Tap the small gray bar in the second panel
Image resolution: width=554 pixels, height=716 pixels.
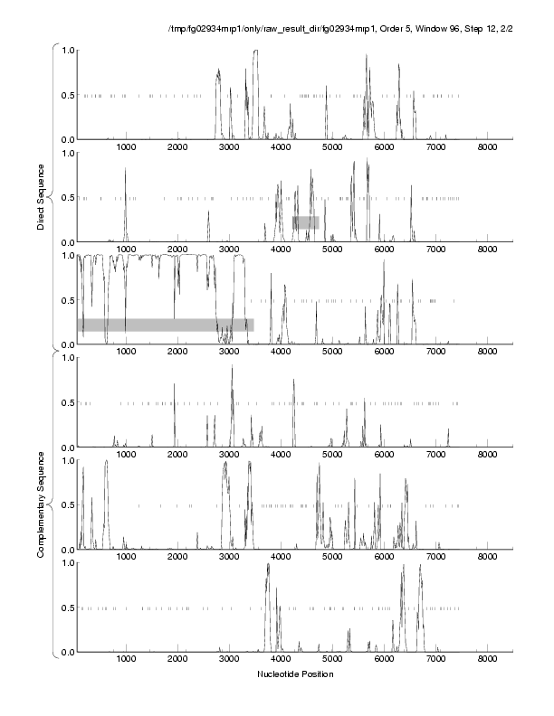[305, 221]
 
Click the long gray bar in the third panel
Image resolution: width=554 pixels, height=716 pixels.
[166, 325]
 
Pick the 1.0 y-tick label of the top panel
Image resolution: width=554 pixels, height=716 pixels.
[65, 50]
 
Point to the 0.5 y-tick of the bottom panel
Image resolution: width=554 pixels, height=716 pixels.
[65, 608]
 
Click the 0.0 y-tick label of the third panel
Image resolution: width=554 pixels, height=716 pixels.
[65, 344]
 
